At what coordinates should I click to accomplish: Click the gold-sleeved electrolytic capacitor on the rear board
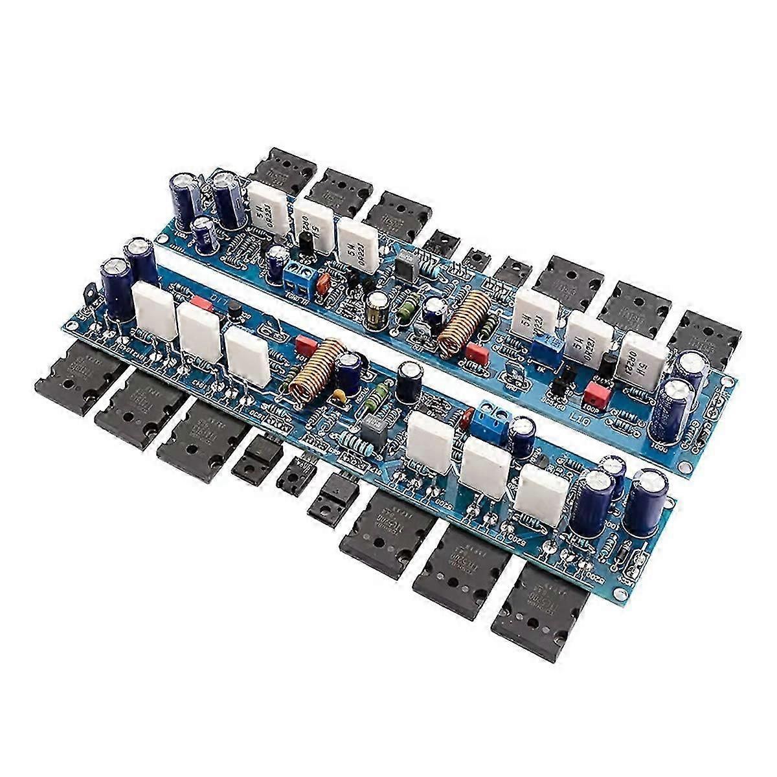click(375, 309)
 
